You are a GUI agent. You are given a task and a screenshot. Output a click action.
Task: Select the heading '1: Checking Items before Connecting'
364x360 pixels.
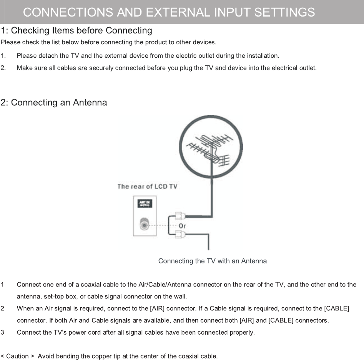[76, 30]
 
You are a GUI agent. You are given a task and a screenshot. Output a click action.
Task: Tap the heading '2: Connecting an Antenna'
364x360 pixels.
[54, 103]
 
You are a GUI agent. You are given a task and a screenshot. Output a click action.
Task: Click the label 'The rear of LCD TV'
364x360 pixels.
[147, 187]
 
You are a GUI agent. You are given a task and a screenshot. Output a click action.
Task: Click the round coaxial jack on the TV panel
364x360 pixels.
[144, 224]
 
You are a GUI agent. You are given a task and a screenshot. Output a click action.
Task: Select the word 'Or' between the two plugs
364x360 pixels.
[182, 226]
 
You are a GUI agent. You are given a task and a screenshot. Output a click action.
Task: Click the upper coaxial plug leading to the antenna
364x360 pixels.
[180, 216]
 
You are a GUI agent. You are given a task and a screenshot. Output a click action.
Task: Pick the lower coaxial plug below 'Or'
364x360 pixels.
[180, 233]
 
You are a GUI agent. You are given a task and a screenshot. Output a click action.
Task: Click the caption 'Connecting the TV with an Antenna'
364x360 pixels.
[212, 261]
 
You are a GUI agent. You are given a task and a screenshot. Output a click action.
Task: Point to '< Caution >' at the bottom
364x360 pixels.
[17, 356]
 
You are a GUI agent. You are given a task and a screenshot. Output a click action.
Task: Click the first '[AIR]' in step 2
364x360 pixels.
[157, 308]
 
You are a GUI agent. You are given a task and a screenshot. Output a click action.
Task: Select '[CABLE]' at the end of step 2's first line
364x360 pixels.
[337, 308]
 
